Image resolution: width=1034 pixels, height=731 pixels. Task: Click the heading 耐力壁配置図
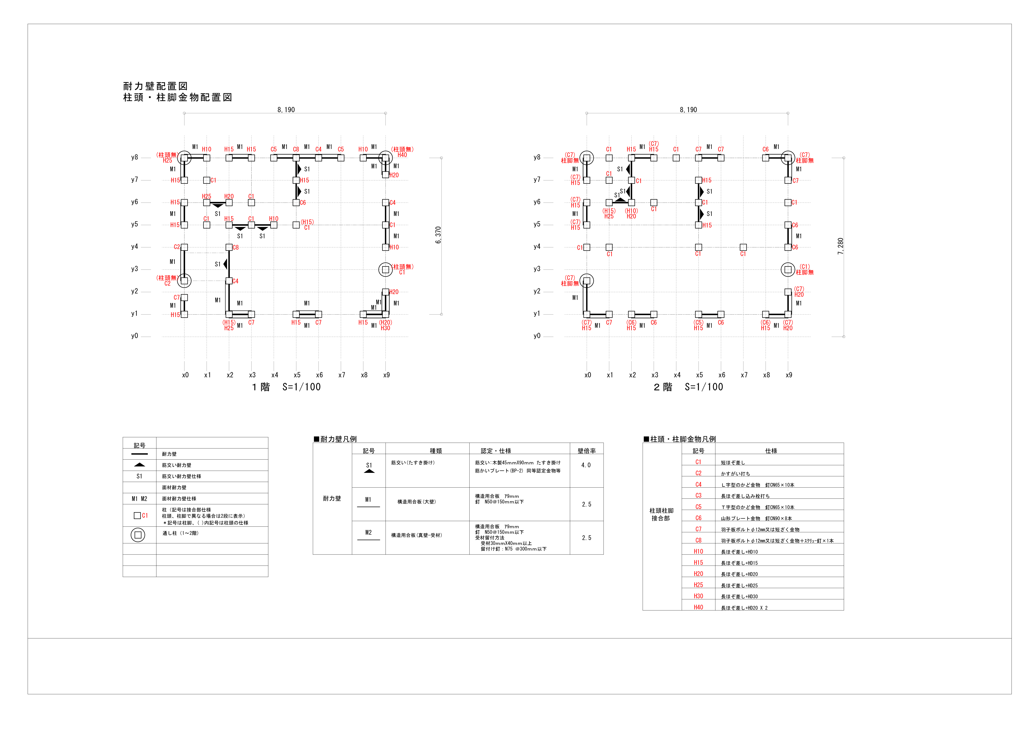(155, 86)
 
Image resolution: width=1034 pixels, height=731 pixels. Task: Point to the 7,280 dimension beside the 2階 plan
(840, 246)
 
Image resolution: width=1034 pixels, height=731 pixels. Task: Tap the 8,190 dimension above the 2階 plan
(688, 110)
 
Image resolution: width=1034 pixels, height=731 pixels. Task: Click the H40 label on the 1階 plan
(402, 155)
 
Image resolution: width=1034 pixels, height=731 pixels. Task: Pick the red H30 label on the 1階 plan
(385, 328)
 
